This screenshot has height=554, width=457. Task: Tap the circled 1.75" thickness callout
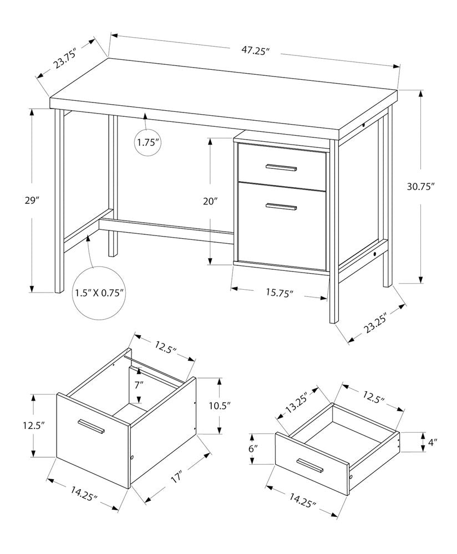(x=148, y=143)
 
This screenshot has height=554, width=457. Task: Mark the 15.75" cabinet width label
(x=279, y=293)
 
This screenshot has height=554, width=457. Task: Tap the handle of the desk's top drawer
(x=281, y=167)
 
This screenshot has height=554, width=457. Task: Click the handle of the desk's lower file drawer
(x=281, y=207)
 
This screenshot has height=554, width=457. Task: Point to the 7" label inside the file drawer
(x=138, y=383)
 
